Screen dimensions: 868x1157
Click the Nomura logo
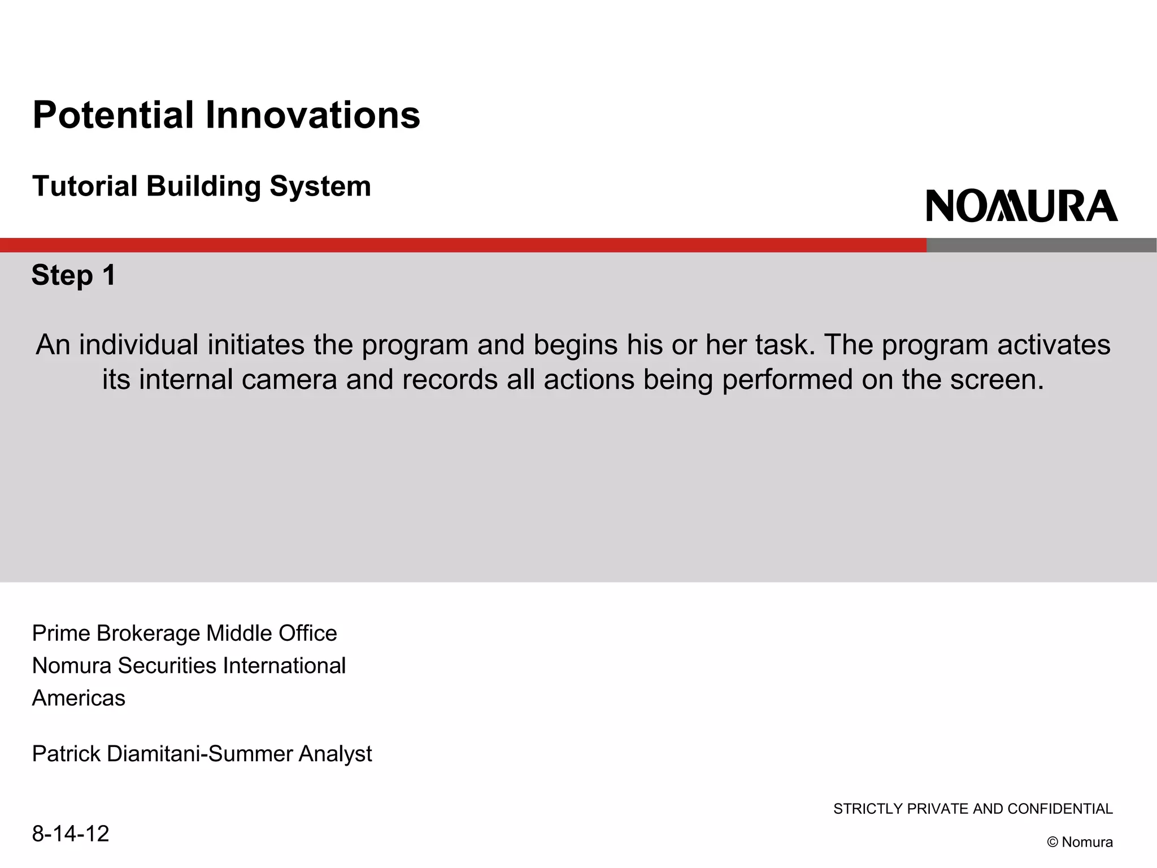[1021, 206]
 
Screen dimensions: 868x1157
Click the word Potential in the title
[113, 115]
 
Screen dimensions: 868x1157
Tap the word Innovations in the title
[312, 115]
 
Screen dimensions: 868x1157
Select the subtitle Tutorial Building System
[201, 186]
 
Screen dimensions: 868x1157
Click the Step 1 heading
[73, 276]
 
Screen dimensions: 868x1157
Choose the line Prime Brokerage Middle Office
[184, 633]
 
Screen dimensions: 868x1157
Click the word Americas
[79, 698]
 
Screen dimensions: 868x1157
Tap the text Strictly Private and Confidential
[973, 809]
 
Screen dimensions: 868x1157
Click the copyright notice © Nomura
[1080, 842]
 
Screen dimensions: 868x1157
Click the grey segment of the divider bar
[1041, 245]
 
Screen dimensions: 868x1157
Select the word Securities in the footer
[167, 666]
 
